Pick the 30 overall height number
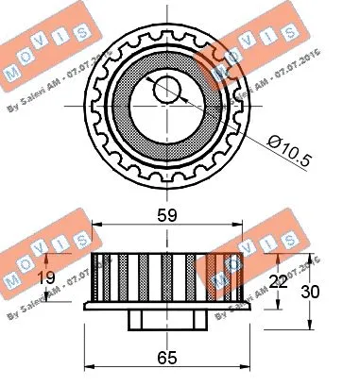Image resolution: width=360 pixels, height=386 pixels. (x=321, y=292)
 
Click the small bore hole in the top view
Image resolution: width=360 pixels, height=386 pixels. (x=166, y=91)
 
